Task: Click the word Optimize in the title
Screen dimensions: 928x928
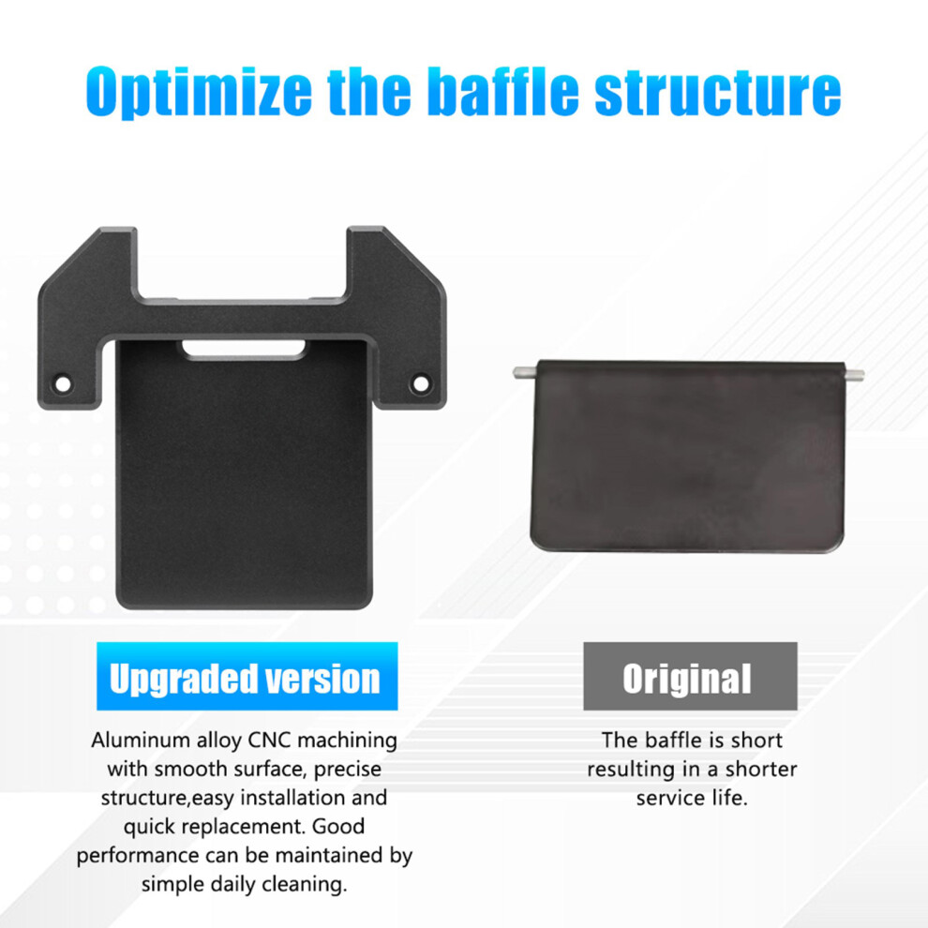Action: tap(199, 92)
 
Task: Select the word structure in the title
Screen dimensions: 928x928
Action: tap(717, 92)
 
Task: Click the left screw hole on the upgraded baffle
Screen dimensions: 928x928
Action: tap(63, 384)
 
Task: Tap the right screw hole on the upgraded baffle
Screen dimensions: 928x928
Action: tap(421, 383)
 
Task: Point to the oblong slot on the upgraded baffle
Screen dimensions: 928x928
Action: tap(244, 350)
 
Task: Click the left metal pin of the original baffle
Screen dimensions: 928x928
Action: tap(525, 372)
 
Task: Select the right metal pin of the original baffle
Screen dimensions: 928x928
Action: tap(853, 373)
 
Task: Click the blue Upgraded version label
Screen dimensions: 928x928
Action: tap(247, 676)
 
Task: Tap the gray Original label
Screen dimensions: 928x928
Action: tap(690, 676)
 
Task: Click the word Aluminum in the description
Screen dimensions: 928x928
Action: tap(141, 740)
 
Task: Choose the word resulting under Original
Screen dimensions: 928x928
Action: tap(631, 770)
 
